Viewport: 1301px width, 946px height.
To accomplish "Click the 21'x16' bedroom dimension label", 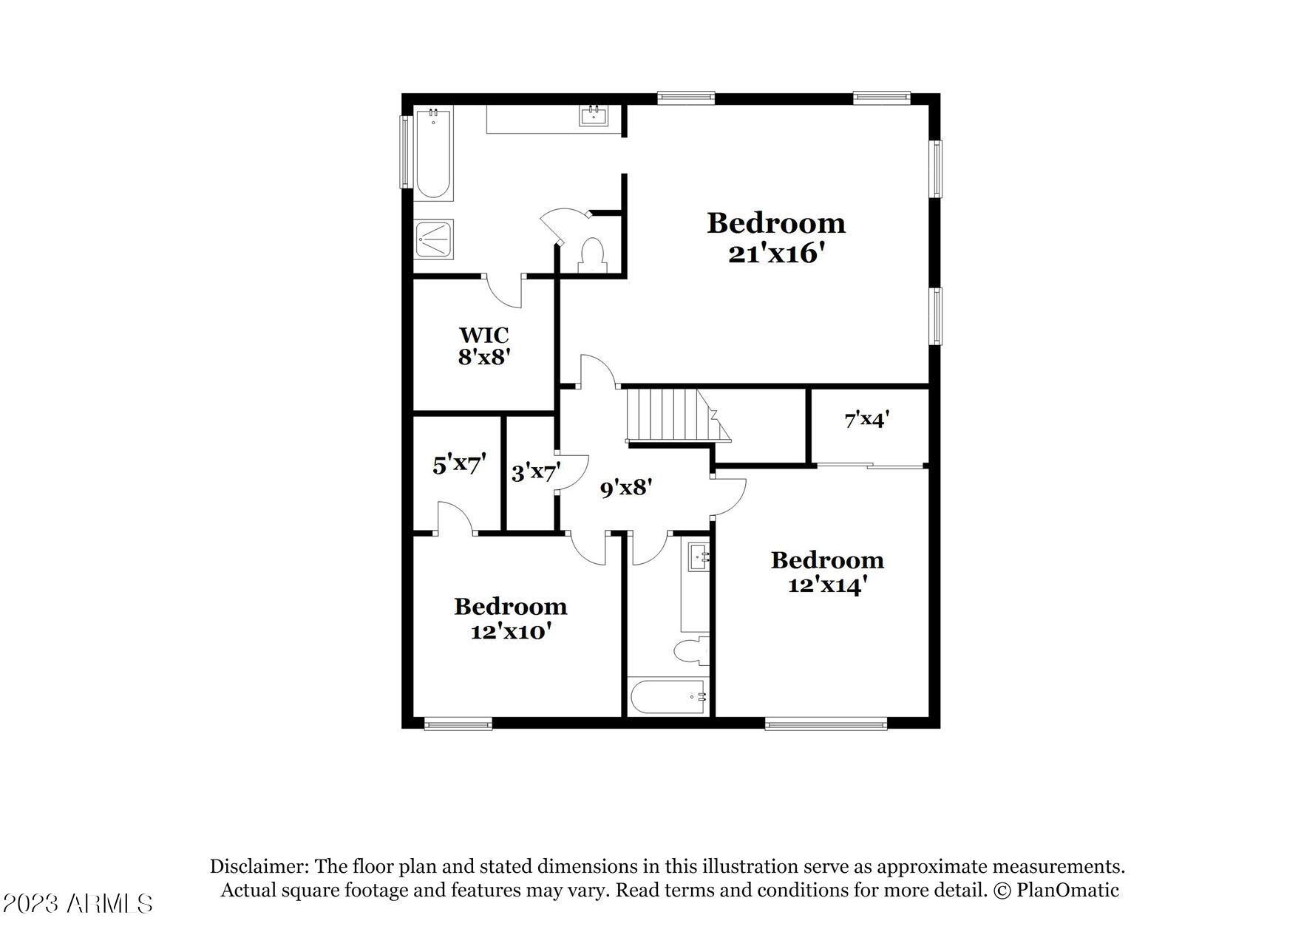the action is tap(776, 253).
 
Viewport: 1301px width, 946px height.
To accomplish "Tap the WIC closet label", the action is tap(484, 335).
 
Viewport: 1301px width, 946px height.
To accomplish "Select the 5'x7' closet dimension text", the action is tap(459, 465).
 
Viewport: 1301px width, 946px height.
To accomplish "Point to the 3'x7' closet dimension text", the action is tap(536, 472).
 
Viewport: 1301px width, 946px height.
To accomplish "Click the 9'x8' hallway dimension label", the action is tap(625, 488).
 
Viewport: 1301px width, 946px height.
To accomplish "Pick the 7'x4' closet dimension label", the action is tap(866, 420).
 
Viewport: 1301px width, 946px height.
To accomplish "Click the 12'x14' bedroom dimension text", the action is tap(827, 585).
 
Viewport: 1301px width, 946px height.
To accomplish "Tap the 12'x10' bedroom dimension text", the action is tap(511, 632).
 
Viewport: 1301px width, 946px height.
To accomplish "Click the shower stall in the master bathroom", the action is tap(433, 239).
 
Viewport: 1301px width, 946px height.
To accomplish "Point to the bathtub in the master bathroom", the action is tap(432, 154).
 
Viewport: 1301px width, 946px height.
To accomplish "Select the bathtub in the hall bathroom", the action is tap(668, 697).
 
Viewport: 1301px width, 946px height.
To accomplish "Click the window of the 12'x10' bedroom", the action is tap(458, 724).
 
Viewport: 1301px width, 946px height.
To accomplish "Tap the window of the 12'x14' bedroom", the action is tap(826, 724).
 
